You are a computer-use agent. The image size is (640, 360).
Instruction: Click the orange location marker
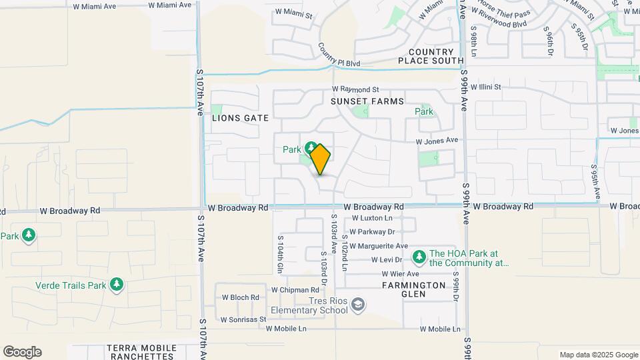(x=320, y=159)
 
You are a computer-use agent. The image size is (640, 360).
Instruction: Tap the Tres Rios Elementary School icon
(x=358, y=305)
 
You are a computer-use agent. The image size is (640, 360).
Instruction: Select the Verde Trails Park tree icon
(x=117, y=285)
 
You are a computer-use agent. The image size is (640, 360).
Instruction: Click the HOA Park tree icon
(x=419, y=257)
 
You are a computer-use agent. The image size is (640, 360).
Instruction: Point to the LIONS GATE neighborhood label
(x=240, y=118)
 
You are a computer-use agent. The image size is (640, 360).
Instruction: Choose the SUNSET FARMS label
(x=367, y=101)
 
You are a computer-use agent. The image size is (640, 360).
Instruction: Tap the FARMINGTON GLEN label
(x=413, y=285)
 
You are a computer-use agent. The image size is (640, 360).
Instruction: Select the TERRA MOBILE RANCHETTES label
(x=141, y=352)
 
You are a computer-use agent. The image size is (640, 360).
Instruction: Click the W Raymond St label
(x=355, y=89)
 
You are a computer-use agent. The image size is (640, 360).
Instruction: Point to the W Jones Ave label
(x=437, y=141)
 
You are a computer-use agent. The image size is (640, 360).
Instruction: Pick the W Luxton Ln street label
(x=372, y=218)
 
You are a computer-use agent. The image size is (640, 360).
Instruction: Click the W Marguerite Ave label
(x=379, y=246)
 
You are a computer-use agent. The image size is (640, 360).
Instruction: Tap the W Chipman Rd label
(x=295, y=290)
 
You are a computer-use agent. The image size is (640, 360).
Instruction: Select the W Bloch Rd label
(x=240, y=297)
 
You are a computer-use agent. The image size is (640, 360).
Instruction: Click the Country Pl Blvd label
(x=339, y=55)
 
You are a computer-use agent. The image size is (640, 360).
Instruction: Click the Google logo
(x=22, y=352)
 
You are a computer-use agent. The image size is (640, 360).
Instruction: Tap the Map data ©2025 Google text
(x=599, y=355)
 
